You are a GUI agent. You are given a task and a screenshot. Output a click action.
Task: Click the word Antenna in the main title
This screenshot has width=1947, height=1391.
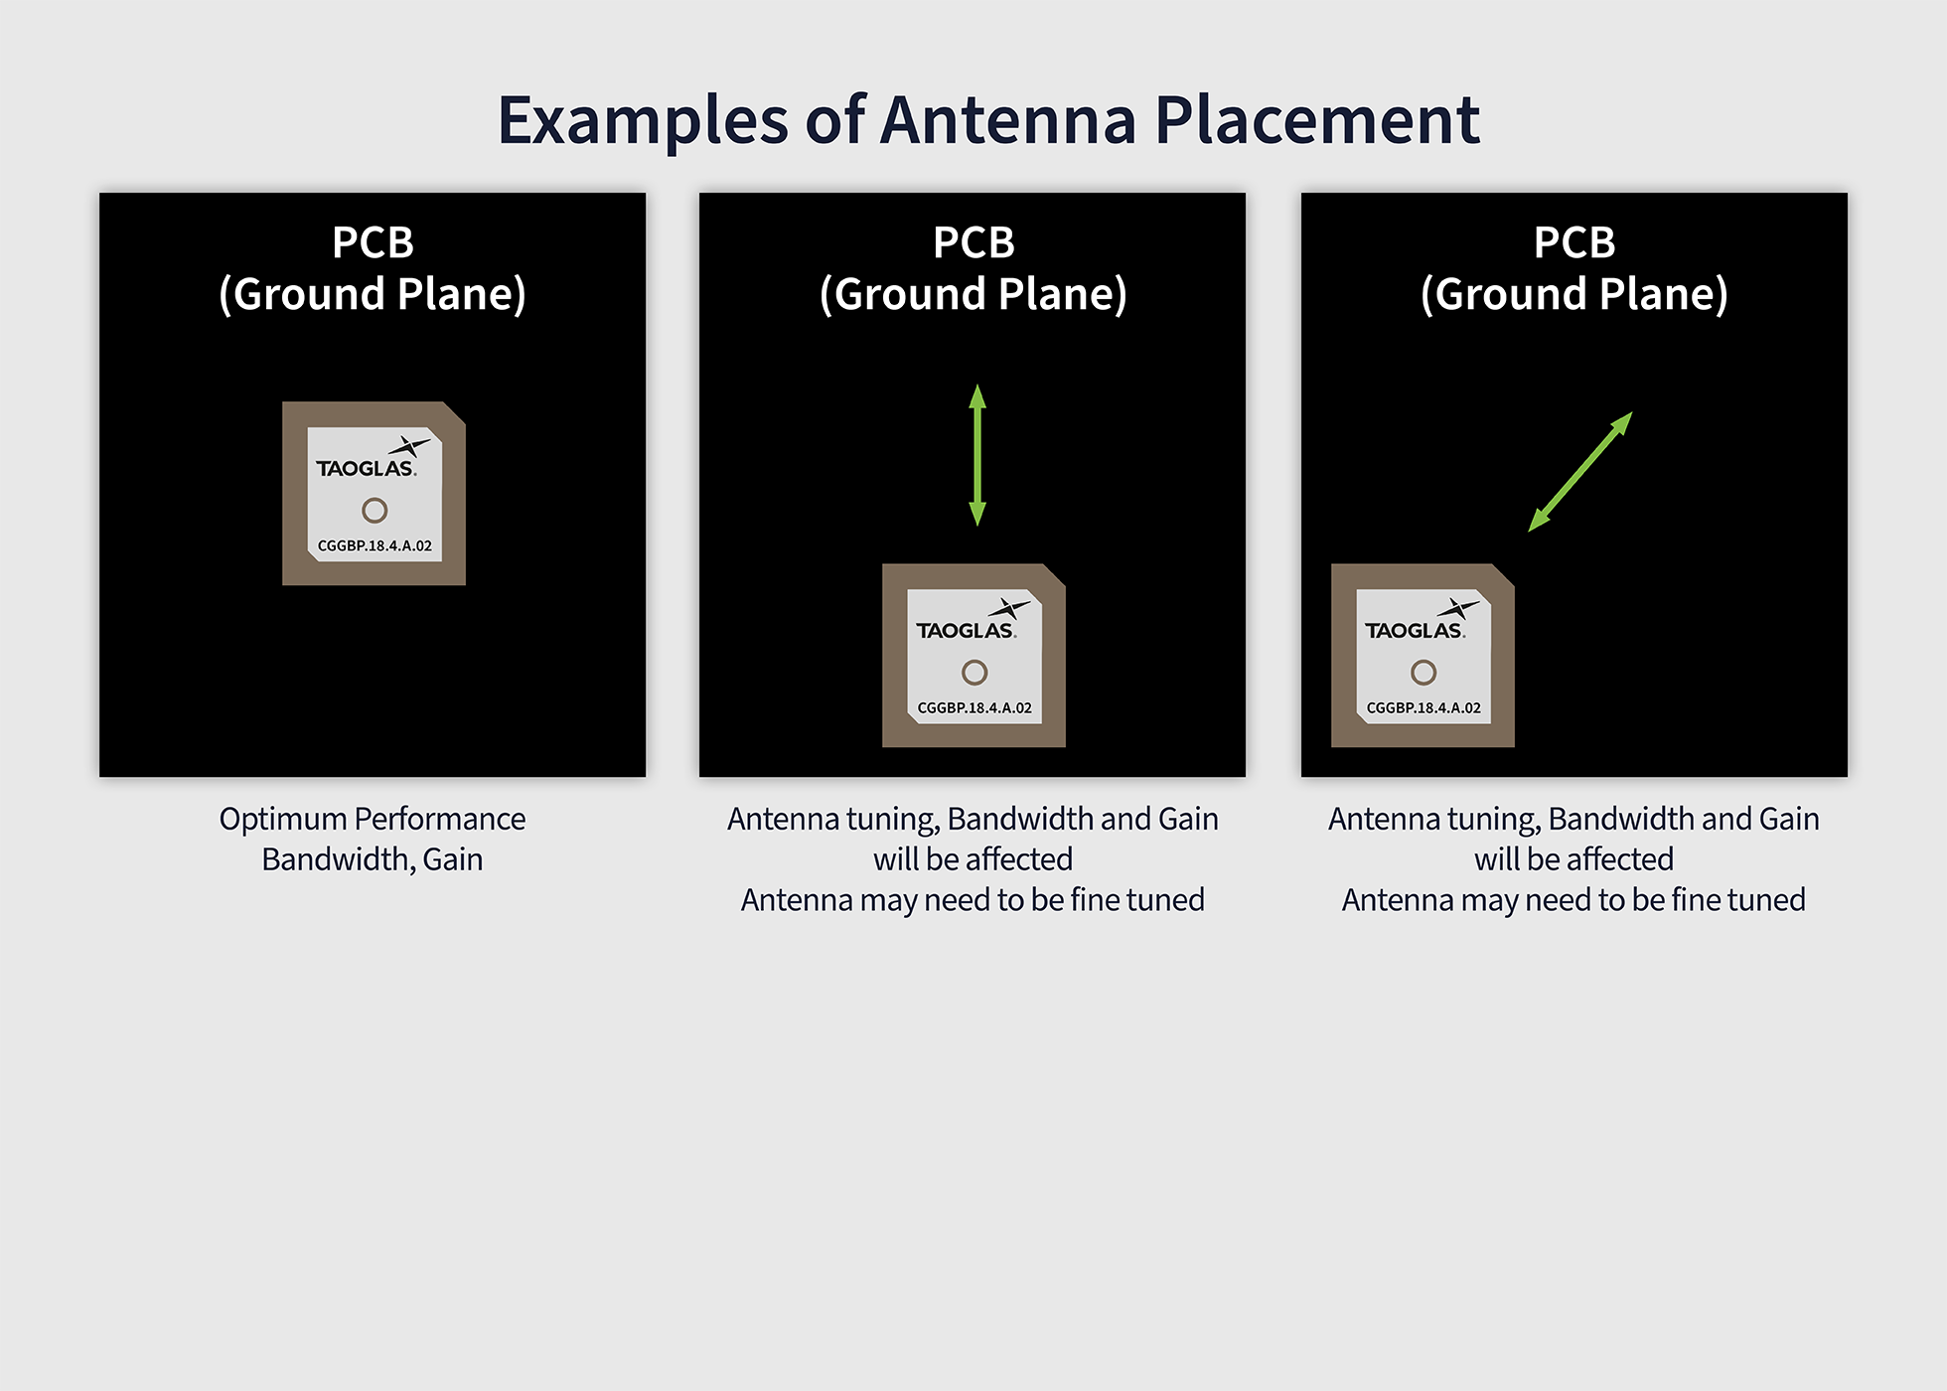(1008, 121)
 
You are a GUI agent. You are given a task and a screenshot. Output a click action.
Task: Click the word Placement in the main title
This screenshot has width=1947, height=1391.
(1316, 121)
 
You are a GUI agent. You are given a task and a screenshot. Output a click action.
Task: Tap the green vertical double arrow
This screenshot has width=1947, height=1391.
(977, 455)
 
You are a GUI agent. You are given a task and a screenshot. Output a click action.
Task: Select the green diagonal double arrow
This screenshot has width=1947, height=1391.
(1579, 472)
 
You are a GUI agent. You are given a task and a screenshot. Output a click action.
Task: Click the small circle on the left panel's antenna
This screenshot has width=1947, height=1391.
(374, 510)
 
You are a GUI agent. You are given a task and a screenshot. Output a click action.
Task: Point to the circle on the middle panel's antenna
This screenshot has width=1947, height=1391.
(974, 673)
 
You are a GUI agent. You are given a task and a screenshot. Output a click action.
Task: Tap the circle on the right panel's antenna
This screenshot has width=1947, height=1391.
(1423, 673)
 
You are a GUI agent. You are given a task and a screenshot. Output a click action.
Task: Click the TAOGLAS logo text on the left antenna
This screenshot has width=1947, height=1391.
(365, 469)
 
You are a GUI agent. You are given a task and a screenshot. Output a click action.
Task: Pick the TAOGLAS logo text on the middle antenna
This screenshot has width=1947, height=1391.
(965, 631)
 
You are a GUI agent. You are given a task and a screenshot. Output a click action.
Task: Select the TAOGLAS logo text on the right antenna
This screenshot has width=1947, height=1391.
(1414, 631)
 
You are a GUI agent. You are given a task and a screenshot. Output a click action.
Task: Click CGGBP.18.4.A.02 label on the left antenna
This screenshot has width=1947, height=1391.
(374, 545)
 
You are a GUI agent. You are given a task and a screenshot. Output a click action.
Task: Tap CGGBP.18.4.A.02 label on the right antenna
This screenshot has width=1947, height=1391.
(1423, 707)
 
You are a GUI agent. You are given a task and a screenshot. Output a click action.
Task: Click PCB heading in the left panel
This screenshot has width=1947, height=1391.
(373, 242)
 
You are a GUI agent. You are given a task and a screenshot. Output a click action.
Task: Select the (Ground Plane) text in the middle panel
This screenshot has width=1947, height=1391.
(973, 294)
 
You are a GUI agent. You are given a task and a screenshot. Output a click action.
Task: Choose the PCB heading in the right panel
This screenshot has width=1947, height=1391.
(1574, 242)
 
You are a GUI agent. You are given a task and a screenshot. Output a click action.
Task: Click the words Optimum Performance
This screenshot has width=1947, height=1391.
(373, 819)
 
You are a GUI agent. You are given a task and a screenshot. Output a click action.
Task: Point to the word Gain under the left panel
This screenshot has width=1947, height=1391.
(453, 859)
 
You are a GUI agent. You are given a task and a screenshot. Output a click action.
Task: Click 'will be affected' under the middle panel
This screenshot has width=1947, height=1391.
(973, 859)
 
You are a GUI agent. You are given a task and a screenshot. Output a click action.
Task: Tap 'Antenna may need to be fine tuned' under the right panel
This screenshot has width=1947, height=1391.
(1573, 900)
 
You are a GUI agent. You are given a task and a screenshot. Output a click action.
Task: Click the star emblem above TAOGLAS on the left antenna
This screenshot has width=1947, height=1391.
(408, 446)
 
